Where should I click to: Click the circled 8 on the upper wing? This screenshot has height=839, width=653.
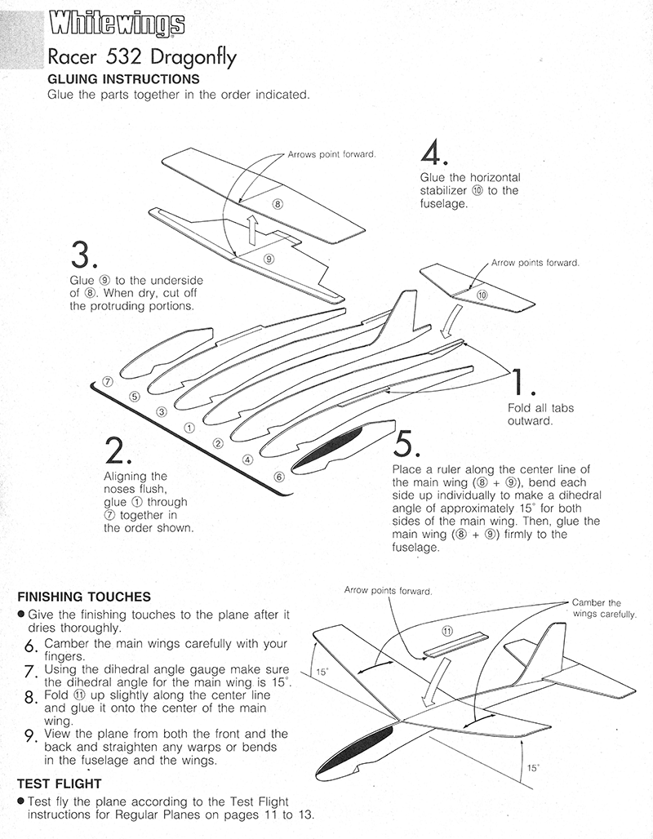277,204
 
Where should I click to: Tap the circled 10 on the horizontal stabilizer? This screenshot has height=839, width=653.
481,294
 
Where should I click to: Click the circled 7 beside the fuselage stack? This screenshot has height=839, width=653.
108,381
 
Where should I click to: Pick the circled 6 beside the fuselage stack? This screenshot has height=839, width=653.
279,476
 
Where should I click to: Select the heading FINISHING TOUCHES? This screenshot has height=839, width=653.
84,597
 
